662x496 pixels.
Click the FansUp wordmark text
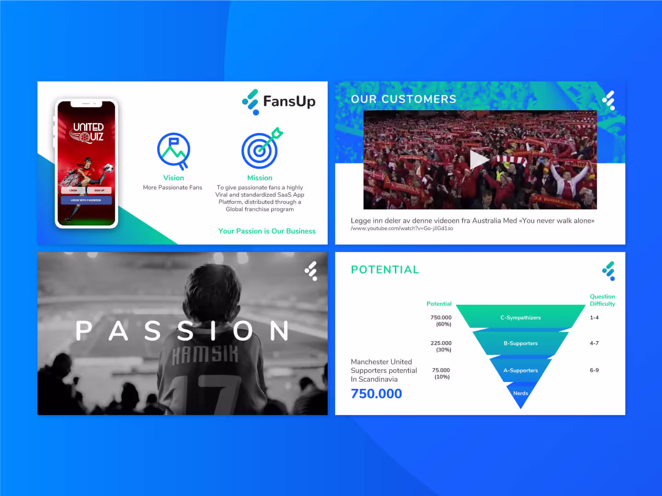tap(289, 101)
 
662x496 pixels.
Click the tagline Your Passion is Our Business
tap(267, 231)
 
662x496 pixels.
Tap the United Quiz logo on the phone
tap(87, 132)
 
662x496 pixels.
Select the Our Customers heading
tap(403, 99)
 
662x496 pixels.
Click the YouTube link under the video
tap(402, 228)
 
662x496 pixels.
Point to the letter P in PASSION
tap(84, 331)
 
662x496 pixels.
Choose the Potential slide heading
tap(385, 270)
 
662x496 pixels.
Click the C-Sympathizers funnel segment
tap(520, 317)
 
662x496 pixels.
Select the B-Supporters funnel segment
tap(520, 343)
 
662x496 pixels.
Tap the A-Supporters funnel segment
tap(520, 370)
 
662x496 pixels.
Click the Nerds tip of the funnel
tap(520, 394)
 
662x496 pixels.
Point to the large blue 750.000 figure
tap(376, 394)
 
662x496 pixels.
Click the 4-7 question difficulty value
tap(594, 343)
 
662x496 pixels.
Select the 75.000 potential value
tap(441, 370)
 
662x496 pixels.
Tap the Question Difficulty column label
tap(602, 300)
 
